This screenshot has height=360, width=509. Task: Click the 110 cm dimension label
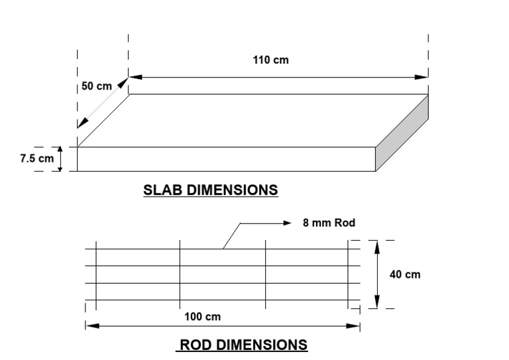[x=270, y=60]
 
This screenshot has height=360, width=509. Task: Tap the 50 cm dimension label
[x=96, y=87]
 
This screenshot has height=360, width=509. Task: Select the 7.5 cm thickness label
[x=36, y=159]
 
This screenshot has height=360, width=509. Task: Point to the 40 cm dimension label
[x=404, y=274]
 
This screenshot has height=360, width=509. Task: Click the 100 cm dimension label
[x=203, y=317]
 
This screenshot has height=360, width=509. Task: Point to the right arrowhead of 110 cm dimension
[x=422, y=78]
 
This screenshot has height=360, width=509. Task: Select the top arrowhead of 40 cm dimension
[x=376, y=245]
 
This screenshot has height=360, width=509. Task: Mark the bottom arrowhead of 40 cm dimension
[x=376, y=303]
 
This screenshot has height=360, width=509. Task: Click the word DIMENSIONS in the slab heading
[x=232, y=190]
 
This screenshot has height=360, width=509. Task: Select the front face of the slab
[x=226, y=159]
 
